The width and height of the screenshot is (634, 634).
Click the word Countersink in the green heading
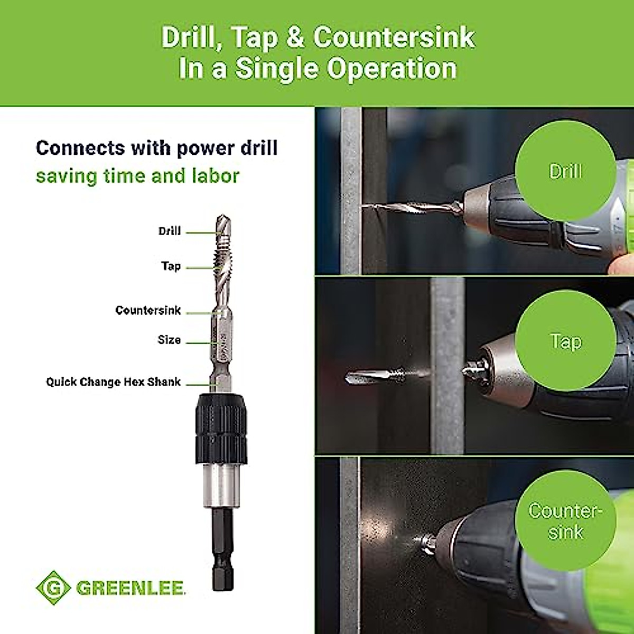394,38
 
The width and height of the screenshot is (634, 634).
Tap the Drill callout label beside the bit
170,231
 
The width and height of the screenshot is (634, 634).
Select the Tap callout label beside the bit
171,266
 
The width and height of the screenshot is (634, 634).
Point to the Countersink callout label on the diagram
148,311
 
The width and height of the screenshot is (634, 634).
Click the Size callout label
169,340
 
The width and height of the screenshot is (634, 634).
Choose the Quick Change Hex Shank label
113,382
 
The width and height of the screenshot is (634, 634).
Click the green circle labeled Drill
565,171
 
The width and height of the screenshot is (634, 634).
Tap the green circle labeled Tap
565,341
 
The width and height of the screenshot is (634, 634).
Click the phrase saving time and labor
137,176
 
